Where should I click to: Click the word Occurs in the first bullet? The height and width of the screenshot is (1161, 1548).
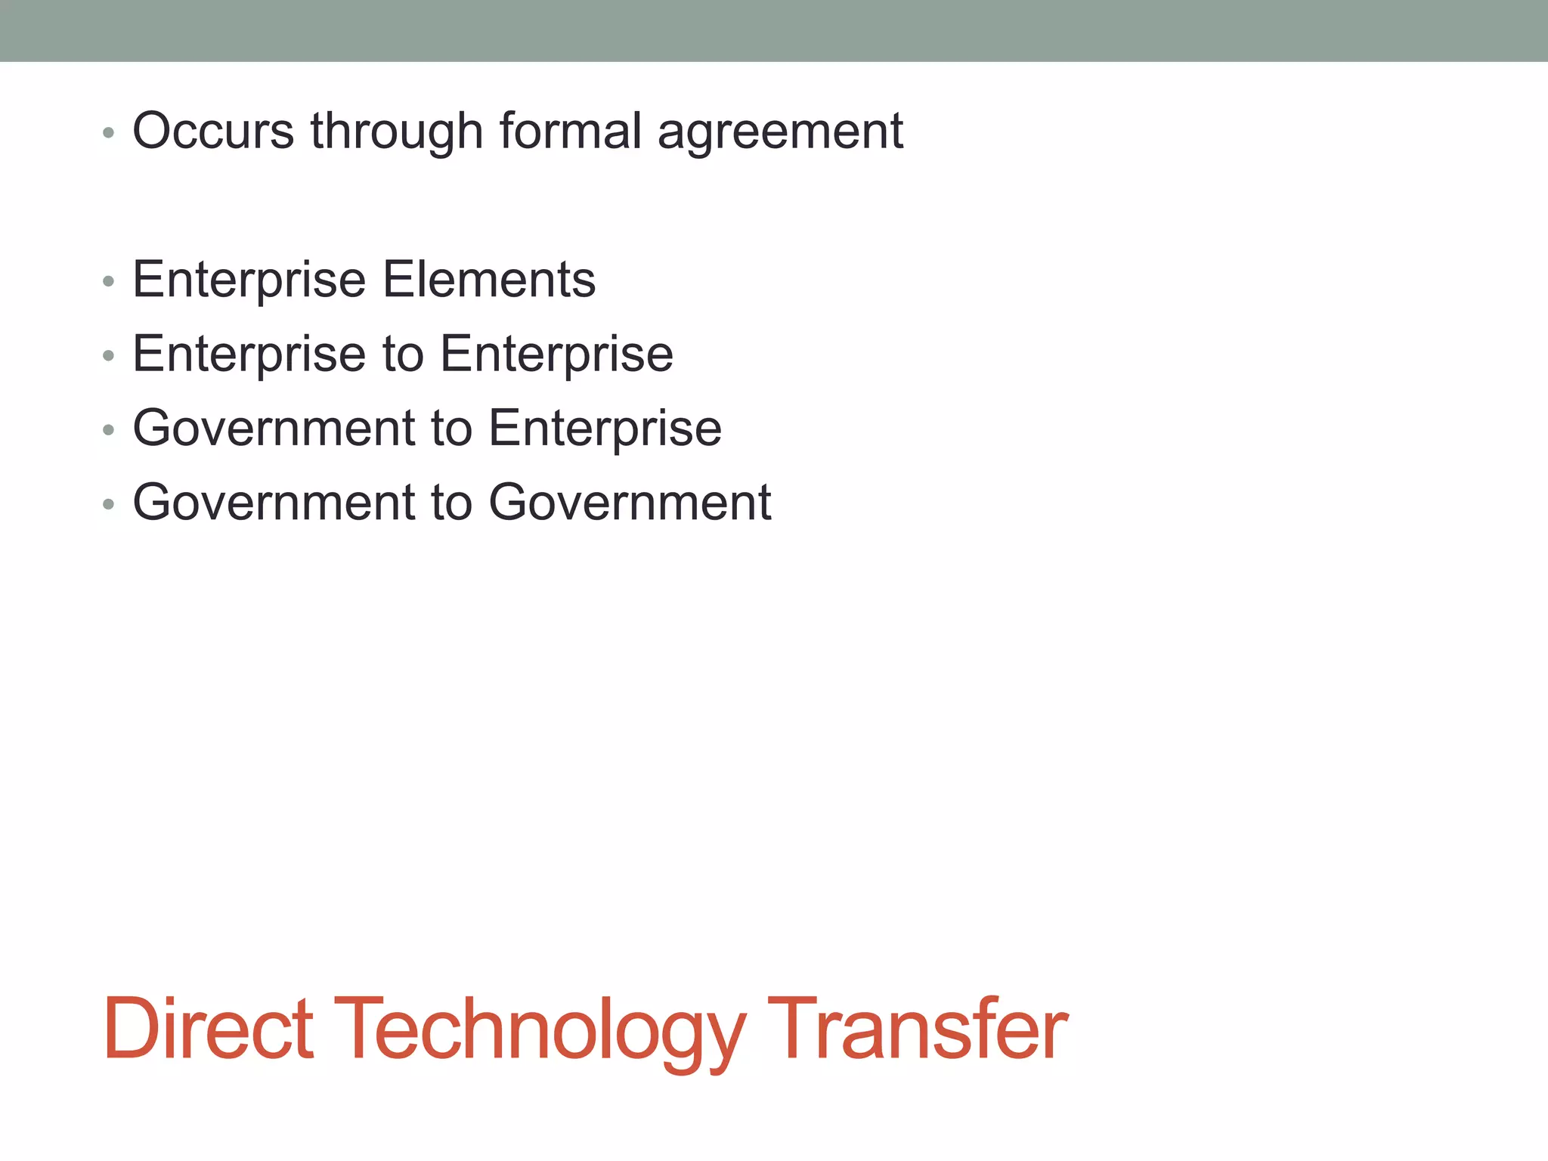click(x=212, y=131)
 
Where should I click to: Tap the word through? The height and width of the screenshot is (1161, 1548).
click(x=396, y=131)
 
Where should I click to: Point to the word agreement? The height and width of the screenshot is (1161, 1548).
click(x=780, y=132)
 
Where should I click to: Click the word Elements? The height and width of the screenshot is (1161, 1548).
click(x=489, y=279)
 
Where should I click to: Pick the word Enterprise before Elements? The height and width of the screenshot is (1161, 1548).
click(x=249, y=280)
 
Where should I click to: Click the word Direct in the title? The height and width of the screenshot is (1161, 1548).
click(x=208, y=1029)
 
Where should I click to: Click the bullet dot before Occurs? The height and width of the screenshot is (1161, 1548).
click(x=109, y=133)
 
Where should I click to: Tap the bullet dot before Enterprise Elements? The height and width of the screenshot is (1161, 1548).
click(x=109, y=282)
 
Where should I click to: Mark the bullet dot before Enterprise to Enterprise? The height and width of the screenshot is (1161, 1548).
click(x=109, y=355)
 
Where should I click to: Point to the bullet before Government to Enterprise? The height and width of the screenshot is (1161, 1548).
click(x=109, y=430)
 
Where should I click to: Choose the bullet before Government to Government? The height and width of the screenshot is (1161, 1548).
click(x=109, y=503)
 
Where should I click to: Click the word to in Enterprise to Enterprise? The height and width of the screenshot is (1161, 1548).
click(x=403, y=354)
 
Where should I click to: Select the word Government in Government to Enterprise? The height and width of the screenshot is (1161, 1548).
click(x=274, y=428)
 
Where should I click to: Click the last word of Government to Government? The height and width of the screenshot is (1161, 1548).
click(x=630, y=502)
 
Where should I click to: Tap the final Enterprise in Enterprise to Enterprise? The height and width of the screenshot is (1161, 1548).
click(x=556, y=354)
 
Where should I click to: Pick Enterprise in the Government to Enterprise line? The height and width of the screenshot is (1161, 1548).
click(x=605, y=429)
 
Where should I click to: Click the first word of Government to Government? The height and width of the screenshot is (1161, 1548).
click(x=274, y=502)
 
